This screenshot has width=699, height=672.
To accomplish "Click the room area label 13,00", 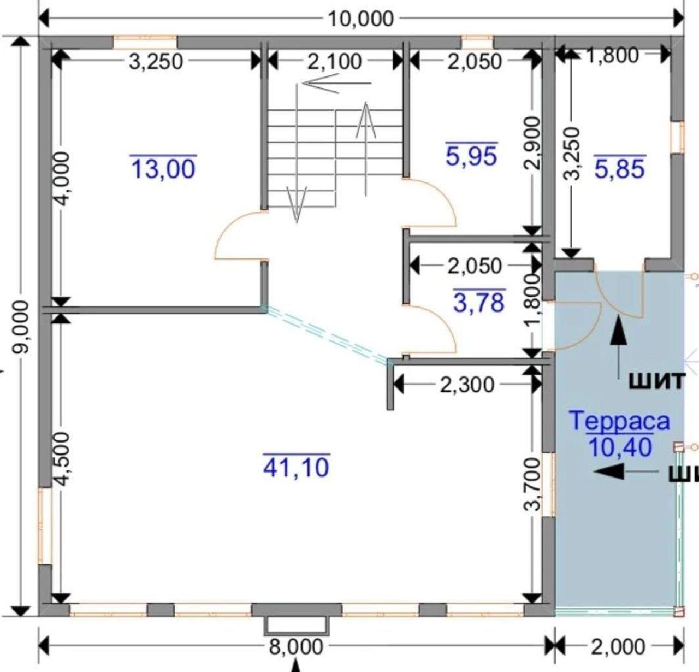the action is tap(163, 169).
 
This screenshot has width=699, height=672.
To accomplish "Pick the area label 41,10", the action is tap(297, 467).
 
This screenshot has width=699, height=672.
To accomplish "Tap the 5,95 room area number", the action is tap(472, 156).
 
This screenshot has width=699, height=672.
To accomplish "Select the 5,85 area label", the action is tap(620, 168).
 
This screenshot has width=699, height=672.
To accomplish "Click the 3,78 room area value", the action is tap(479, 302).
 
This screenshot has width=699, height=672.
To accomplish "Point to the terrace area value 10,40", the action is tap(620, 447).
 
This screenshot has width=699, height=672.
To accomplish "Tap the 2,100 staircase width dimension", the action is tap(335, 61).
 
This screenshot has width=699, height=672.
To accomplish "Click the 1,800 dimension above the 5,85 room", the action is tap(612, 55).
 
